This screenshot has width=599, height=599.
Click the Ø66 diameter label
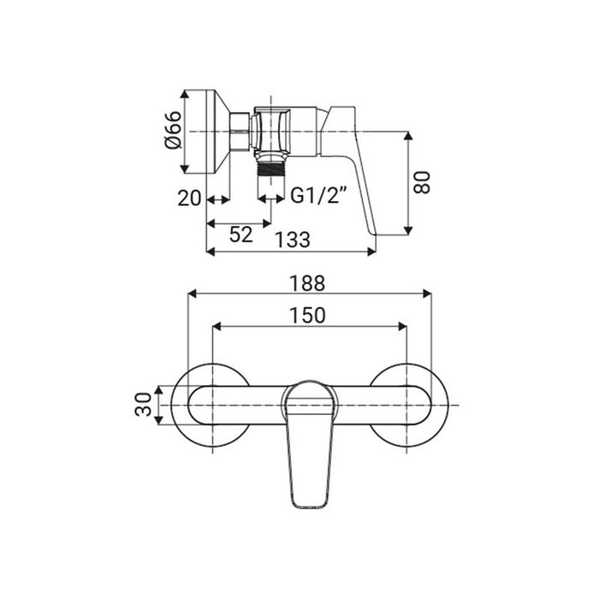(172, 130)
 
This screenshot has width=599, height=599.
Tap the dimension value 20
(189, 199)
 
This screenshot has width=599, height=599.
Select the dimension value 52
(241, 234)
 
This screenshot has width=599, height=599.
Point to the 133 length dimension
(293, 240)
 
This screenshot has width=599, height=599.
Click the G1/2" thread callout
(318, 195)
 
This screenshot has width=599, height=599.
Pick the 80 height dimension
(422, 182)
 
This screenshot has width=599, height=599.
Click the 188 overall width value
(307, 283)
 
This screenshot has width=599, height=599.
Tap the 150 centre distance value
(307, 316)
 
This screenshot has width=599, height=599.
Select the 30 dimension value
(143, 404)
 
